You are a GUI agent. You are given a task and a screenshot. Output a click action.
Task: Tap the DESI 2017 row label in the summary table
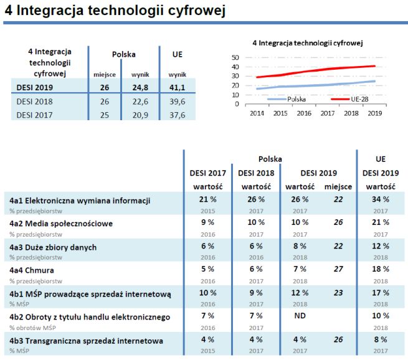point(35,115)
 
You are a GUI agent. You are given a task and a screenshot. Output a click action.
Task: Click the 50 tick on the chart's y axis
point(235,57)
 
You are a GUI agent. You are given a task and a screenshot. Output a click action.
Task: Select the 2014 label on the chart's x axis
point(257,113)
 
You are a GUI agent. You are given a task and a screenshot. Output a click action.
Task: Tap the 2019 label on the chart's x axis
point(374,113)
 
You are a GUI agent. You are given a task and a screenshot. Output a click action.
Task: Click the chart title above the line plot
point(307,42)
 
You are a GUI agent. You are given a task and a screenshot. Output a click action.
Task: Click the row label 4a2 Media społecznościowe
point(61,223)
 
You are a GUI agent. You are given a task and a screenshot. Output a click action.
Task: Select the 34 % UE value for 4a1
point(381,199)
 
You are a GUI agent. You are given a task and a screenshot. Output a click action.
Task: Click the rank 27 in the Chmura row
point(338,270)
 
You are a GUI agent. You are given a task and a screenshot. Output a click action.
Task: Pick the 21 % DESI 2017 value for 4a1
point(207,199)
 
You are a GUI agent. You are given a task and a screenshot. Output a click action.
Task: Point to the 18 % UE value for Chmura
point(381,270)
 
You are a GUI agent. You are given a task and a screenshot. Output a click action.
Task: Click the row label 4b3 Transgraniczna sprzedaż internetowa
point(86,341)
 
